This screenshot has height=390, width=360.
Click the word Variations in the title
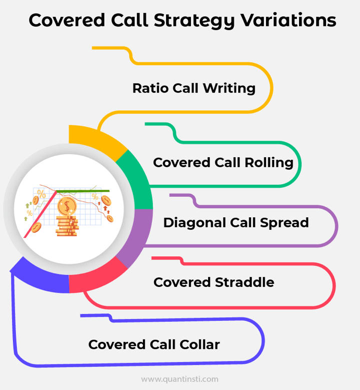pos(288,20)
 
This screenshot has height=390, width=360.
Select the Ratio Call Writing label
pos(194,88)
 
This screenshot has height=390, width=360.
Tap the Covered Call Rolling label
pos(223,163)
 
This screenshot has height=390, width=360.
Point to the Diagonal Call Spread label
pos(236,223)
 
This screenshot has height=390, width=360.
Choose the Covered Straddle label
pos(213,282)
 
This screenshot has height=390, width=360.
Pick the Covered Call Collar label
pos(154,344)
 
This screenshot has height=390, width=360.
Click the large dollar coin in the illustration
pos(67,206)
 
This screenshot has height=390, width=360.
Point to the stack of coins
pos(67,226)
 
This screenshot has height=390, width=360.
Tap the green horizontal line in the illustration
pos(82,191)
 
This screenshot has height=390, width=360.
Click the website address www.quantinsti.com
pos(179,379)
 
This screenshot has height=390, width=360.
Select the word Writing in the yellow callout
pos(229,88)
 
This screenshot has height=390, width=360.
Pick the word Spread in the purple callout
pos(284,223)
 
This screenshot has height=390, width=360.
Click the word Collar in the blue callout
pos(200,344)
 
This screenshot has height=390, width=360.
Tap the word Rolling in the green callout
pos(269,163)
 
